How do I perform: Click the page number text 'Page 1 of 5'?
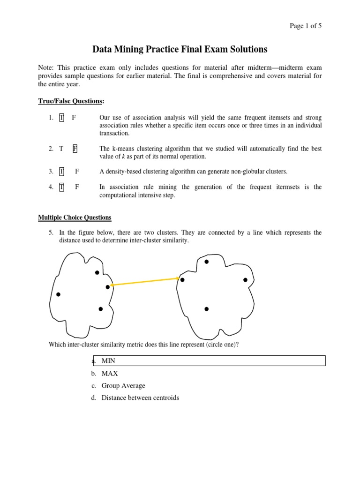coord(305,26)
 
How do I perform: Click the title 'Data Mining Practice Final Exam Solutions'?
coord(180,49)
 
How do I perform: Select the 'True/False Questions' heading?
coord(70,101)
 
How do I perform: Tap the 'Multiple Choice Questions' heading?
coord(75,217)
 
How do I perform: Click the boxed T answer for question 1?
coord(61,118)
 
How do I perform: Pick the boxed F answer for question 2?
coord(75,149)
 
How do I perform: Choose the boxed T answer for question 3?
coord(61,172)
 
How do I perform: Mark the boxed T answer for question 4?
coord(61,187)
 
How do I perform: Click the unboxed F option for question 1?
coord(74,118)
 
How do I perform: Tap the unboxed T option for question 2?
coord(61,149)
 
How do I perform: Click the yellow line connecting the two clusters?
coord(144,282)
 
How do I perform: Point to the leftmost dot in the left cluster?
coord(58,294)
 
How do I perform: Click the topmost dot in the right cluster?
coord(206,262)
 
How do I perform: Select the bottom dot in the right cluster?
coord(206,309)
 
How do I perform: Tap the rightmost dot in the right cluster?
coord(245,280)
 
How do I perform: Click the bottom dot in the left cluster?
coord(100,309)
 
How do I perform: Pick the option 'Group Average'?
coord(123,386)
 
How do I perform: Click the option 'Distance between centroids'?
coord(140,398)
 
